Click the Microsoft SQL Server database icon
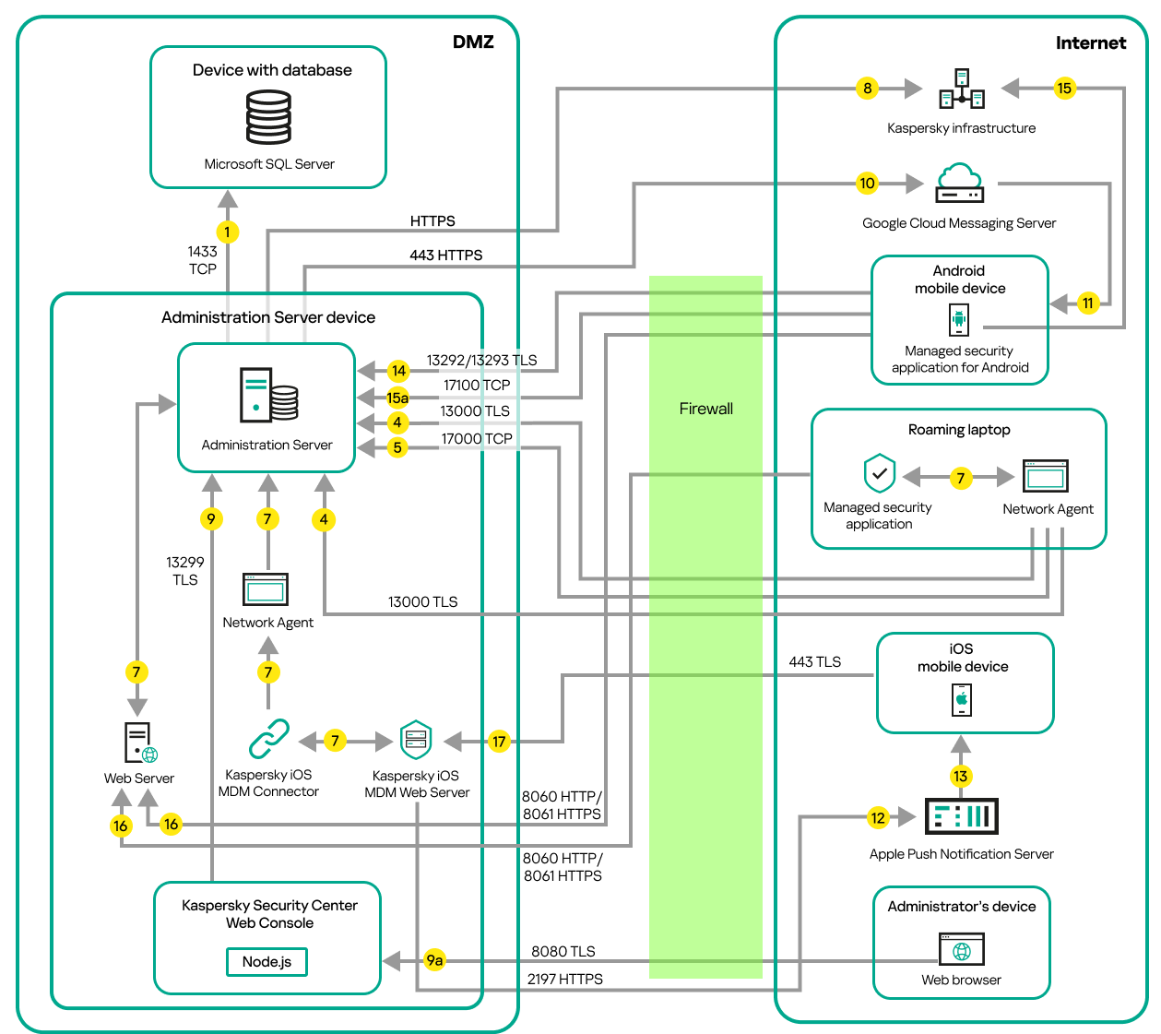[x=268, y=117]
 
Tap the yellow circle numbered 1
[x=227, y=232]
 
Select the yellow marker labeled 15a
[x=397, y=398]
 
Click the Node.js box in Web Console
[x=267, y=961]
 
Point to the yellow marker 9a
[x=434, y=960]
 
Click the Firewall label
[x=705, y=409]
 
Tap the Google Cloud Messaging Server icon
[x=959, y=183]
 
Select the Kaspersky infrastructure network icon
[x=961, y=89]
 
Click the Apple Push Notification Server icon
[x=961, y=816]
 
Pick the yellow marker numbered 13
[x=961, y=776]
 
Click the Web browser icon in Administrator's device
[x=961, y=949]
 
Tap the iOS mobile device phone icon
[x=962, y=699]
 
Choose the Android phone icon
[x=959, y=320]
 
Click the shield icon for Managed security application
[x=880, y=474]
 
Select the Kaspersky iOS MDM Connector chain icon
[x=268, y=739]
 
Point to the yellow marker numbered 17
[x=499, y=741]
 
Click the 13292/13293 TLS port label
[x=481, y=361]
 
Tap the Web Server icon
[x=140, y=743]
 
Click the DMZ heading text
[x=473, y=42]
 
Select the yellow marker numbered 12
[x=878, y=817]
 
